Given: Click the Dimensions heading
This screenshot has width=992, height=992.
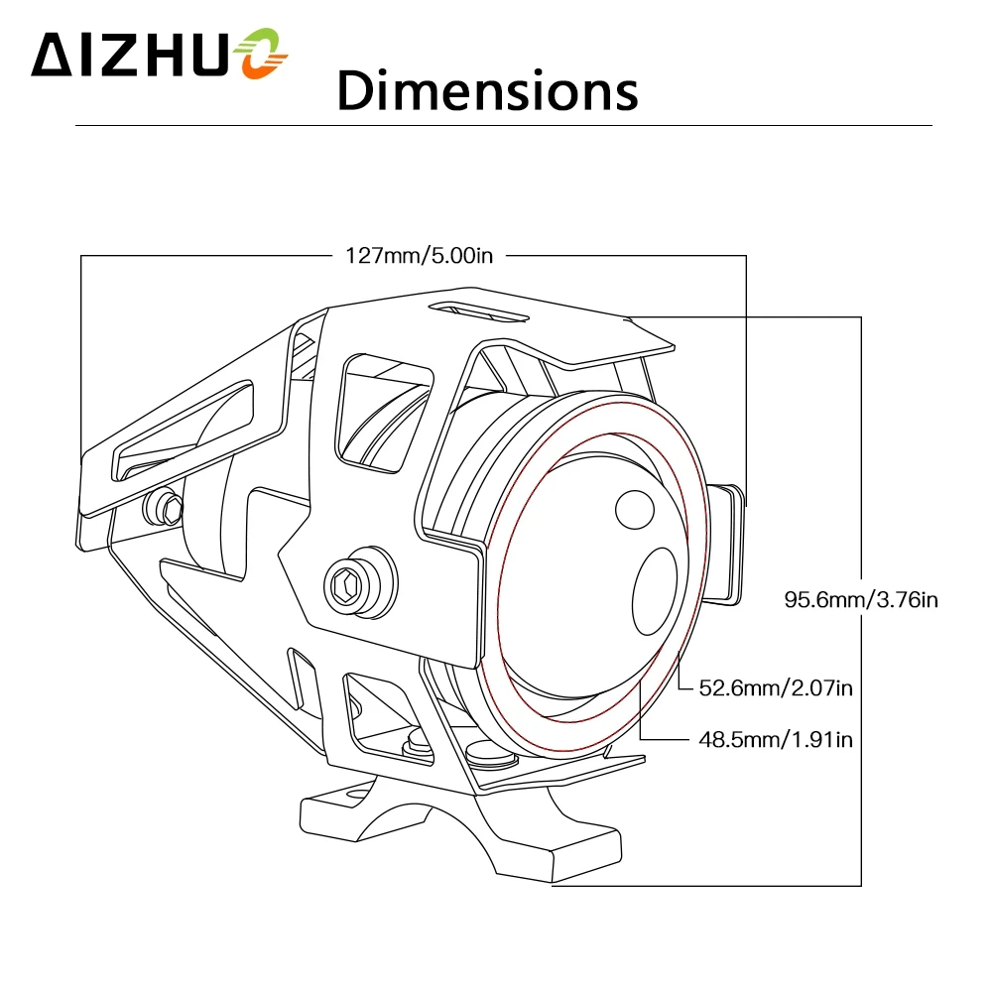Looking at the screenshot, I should pos(486,89).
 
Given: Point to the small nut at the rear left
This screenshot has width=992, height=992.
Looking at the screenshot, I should pos(165,509).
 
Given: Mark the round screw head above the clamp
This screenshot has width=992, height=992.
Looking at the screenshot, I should pos(488,754).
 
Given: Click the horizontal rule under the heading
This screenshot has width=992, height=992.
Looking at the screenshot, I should pos(504,126).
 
